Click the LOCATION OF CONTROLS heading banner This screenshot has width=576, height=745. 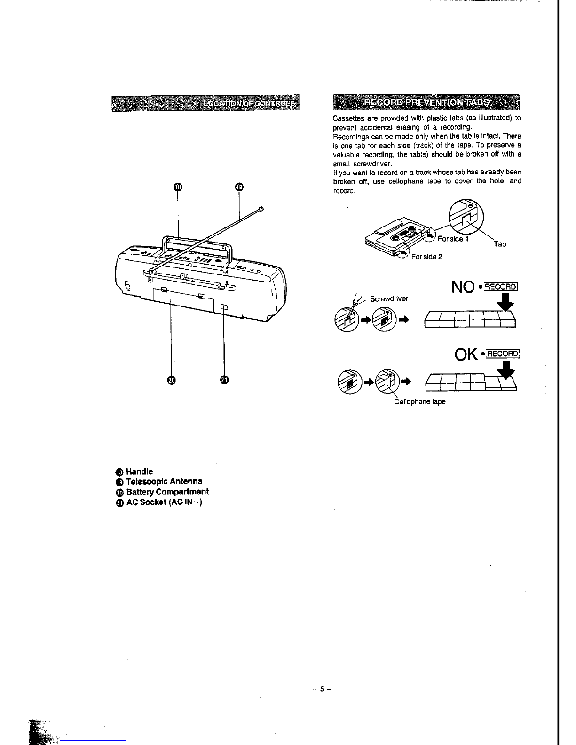[x=205, y=103]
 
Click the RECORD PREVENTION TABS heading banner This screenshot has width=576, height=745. [x=426, y=103]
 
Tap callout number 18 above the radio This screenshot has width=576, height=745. [x=177, y=188]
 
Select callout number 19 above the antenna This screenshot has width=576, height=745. [x=239, y=187]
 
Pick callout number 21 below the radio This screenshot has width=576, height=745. [x=224, y=380]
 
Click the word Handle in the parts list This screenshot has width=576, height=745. [x=139, y=471]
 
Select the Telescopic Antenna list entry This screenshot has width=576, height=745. [x=164, y=481]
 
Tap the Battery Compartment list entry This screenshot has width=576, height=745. [x=167, y=492]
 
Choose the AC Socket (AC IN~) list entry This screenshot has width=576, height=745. [x=164, y=502]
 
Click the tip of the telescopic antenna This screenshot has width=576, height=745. [x=261, y=208]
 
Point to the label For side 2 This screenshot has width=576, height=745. [x=426, y=257]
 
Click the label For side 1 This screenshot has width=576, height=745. [x=453, y=239]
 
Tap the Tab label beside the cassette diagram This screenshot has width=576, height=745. [x=500, y=244]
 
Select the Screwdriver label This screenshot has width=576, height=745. [x=389, y=299]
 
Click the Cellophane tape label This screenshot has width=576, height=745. [x=420, y=402]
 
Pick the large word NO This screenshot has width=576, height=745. [x=463, y=287]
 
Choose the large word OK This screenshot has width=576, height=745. [x=466, y=354]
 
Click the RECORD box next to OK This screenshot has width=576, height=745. [x=502, y=354]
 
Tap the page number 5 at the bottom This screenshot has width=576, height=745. [x=322, y=690]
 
